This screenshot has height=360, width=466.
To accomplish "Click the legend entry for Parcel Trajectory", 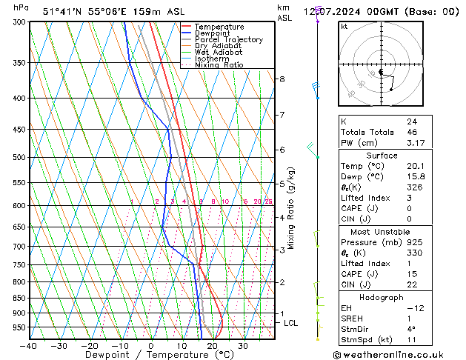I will (228, 39).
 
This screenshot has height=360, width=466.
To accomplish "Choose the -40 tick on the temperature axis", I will (29, 346).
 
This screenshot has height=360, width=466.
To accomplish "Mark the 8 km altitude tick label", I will (282, 79).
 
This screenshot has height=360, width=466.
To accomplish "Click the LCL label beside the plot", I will (290, 323).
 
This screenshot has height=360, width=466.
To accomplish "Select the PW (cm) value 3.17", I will (415, 143).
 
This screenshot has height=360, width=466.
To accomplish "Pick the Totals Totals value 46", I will (411, 132).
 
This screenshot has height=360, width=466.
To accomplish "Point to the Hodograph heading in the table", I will (382, 297).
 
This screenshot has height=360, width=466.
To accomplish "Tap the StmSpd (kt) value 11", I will (411, 340).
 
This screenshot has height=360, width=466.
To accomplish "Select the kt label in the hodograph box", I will (344, 26).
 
